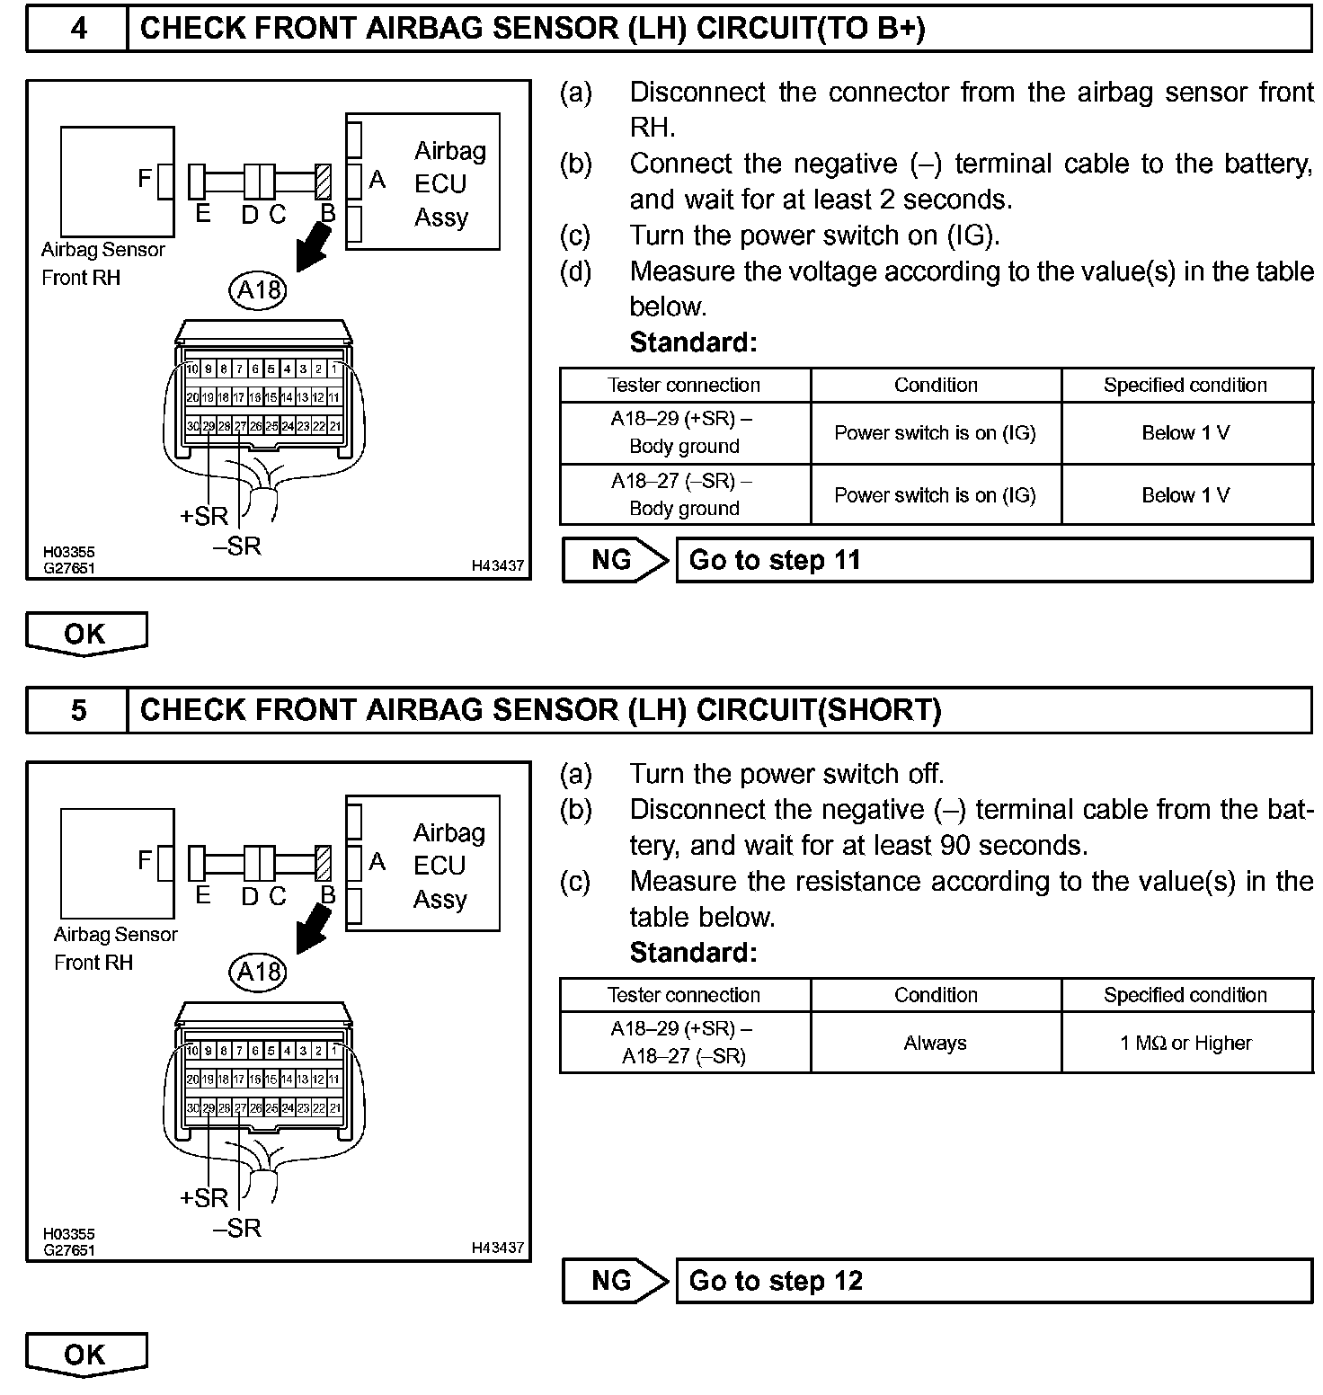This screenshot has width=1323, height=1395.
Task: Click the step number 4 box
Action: pyautogui.click(x=78, y=29)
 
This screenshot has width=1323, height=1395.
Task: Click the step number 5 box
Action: pyautogui.click(x=78, y=710)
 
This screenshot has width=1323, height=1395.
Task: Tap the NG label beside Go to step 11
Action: pyautogui.click(x=613, y=560)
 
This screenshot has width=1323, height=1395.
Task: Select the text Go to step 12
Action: pyautogui.click(x=776, y=1281)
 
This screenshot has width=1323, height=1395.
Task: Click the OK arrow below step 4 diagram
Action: pyautogui.click(x=85, y=634)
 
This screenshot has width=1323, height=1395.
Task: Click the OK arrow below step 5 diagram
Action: pyautogui.click(x=85, y=1355)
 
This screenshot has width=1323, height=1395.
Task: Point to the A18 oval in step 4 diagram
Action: pyautogui.click(x=259, y=289)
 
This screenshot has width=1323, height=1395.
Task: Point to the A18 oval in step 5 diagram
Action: pyautogui.click(x=259, y=972)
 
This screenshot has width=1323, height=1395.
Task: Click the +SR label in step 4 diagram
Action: pyautogui.click(x=204, y=516)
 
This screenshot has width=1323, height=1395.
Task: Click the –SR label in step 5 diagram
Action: pyautogui.click(x=237, y=1228)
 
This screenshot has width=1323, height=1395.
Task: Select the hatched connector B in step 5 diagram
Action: pyautogui.click(x=324, y=864)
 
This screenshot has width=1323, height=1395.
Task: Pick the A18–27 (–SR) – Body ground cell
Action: pyautogui.click(x=684, y=494)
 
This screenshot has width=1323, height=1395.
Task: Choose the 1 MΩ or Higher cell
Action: pyautogui.click(x=1185, y=1043)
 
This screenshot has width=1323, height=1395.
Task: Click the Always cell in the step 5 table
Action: pyautogui.click(x=935, y=1043)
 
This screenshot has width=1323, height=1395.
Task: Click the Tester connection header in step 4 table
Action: pyautogui.click(x=684, y=385)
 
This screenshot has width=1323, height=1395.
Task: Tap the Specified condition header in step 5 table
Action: pyautogui.click(x=1185, y=995)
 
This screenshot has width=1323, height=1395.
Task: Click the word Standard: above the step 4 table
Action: pyautogui.click(x=693, y=342)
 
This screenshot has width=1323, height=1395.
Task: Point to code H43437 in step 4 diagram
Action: pyautogui.click(x=497, y=565)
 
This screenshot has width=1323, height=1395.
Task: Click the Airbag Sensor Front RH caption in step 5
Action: pyautogui.click(x=115, y=948)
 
